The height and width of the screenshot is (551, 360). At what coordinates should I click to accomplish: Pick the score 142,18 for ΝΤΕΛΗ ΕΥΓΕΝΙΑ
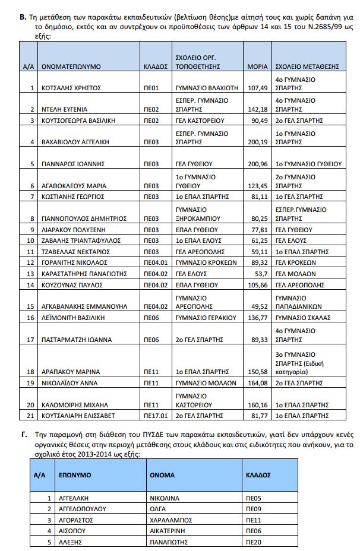tap(258, 109)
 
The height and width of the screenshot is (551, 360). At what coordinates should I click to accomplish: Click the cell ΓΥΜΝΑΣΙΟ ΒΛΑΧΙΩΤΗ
tap(207, 88)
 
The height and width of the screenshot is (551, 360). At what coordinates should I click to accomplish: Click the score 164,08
tap(258, 383)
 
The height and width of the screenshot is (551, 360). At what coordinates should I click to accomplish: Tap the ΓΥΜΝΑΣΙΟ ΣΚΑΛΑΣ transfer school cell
tap(302, 318)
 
